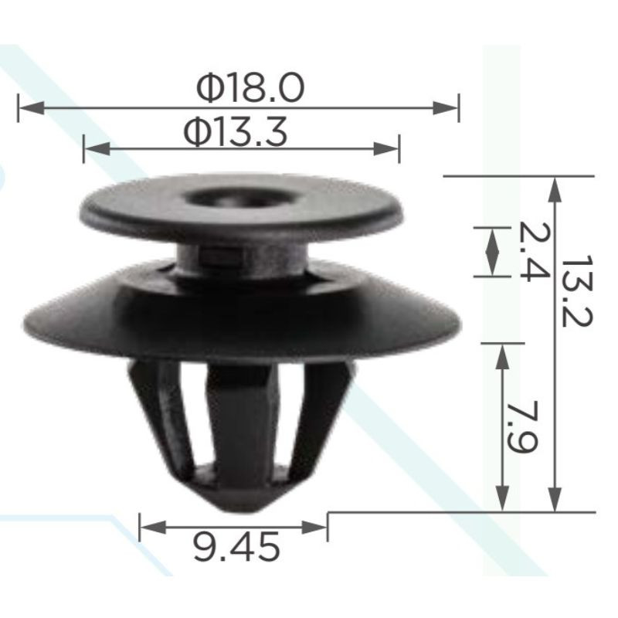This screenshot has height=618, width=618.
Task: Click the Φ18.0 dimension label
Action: (250, 88)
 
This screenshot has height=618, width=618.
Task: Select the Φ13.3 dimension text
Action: (236, 132)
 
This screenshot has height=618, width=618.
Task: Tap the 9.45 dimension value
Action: (236, 547)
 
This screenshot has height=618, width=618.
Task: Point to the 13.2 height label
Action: (577, 291)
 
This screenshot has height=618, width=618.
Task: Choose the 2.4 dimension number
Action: (533, 252)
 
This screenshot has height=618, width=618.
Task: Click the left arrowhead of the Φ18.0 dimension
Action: (32, 107)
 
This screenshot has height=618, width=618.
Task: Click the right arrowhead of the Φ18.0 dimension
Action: (446, 107)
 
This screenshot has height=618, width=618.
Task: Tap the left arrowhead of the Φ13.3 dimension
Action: (97, 148)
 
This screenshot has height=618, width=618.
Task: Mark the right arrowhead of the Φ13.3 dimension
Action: (386, 148)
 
